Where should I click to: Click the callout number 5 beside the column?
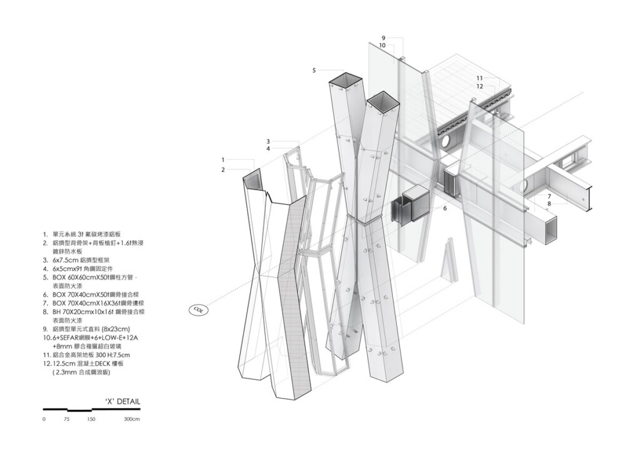314,71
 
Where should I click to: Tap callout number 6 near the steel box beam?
445,208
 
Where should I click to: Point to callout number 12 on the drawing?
479,86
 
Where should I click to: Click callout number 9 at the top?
383,38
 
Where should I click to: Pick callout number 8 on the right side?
549,203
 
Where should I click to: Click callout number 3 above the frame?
267,141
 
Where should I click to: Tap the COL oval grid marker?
198,309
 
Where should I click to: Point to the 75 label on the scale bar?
67,419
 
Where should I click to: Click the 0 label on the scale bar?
44,419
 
